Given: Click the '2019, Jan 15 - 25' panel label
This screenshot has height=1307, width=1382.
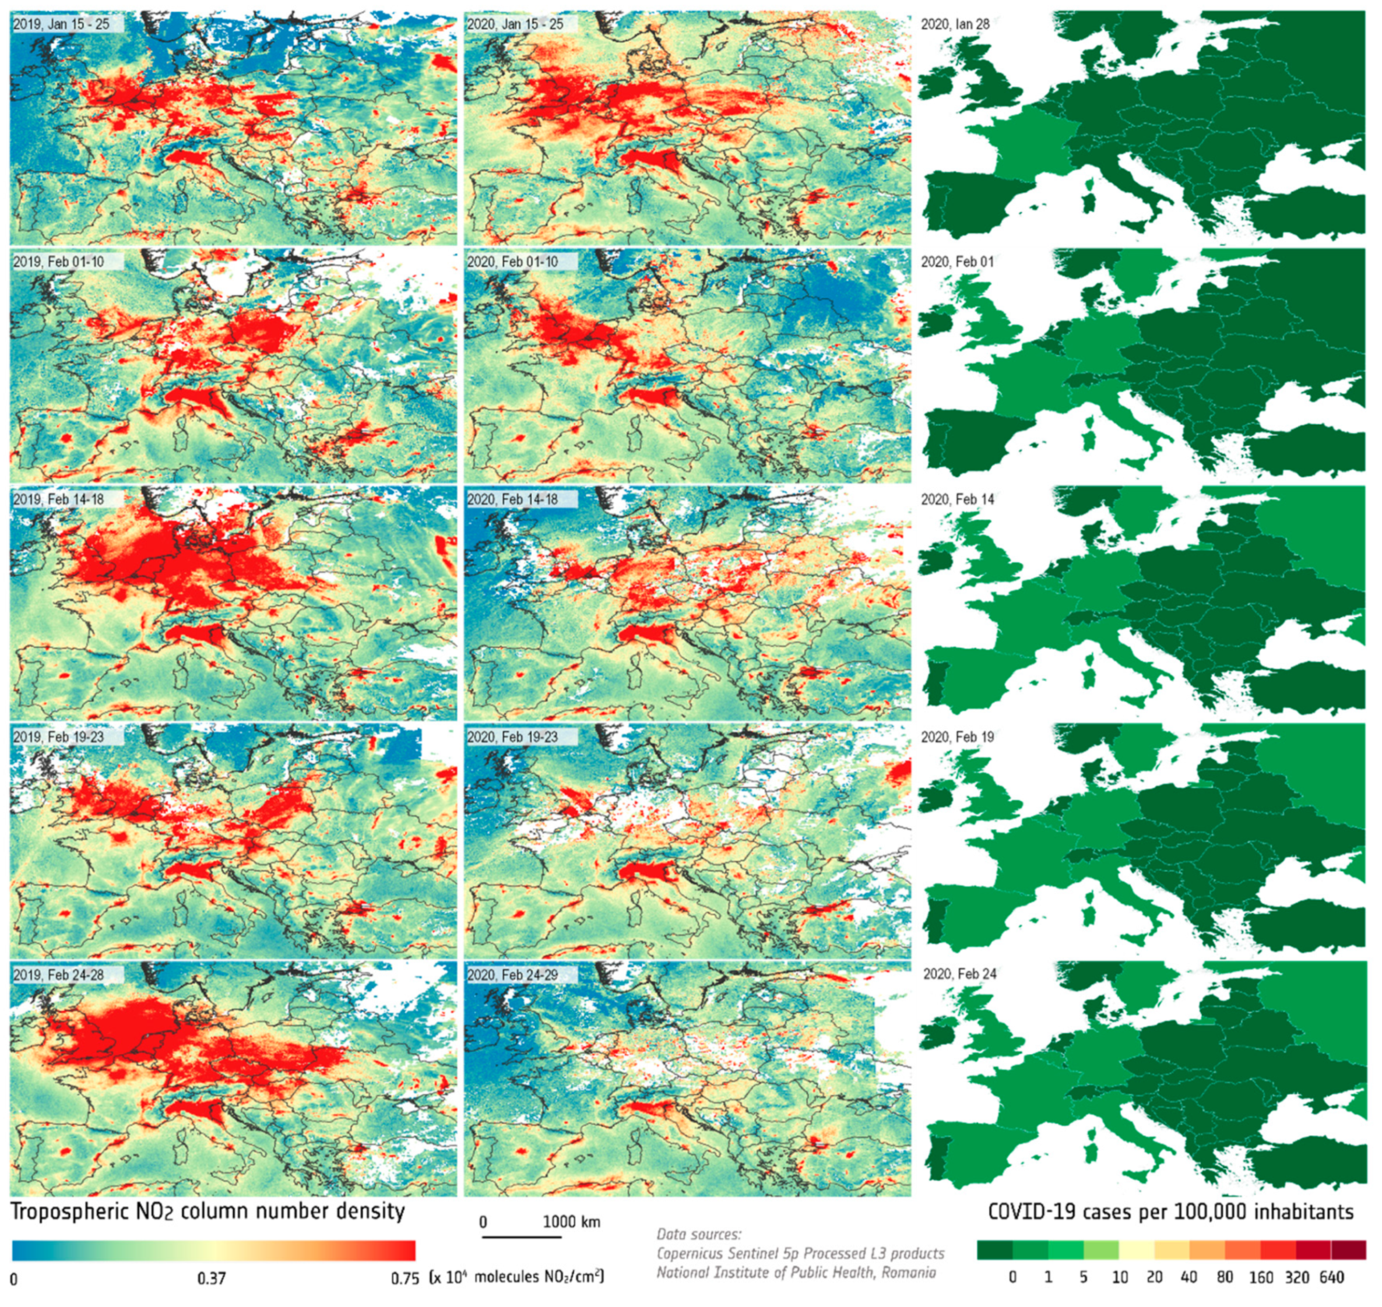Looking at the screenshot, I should pos(61,24).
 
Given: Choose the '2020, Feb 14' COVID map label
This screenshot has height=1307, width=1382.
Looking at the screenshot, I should pos(957,499).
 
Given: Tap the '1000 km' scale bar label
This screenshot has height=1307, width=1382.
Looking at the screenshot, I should pos(571,1222).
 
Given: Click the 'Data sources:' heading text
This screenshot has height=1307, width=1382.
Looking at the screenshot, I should pos(699,1235).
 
